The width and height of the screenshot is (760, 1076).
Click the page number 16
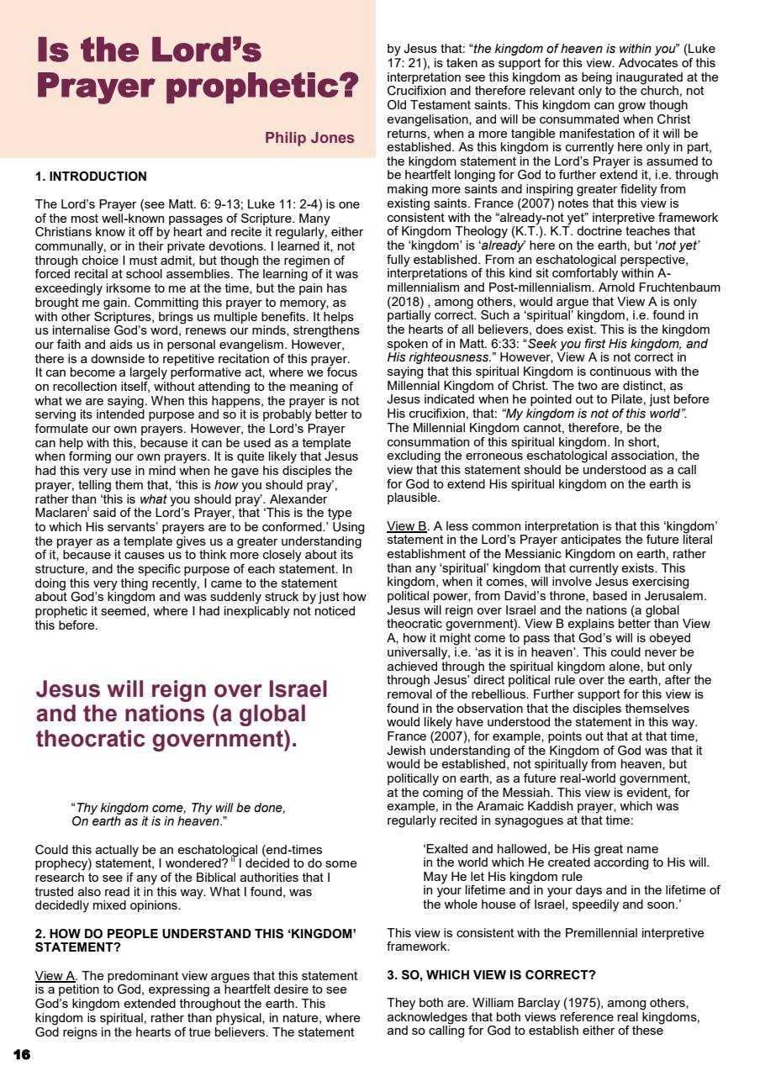tap(23, 1053)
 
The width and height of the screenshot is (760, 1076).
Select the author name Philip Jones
tap(309, 138)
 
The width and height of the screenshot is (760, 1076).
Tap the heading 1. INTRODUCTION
tap(91, 177)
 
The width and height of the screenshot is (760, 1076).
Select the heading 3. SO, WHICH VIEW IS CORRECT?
tap(491, 976)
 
